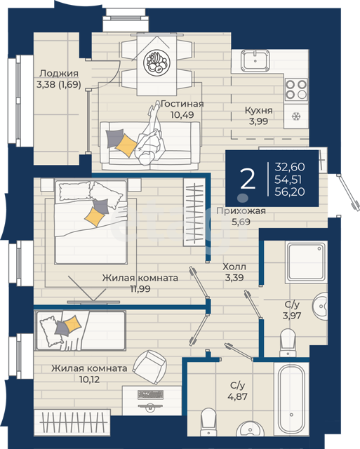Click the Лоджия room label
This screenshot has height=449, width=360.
tap(59, 73)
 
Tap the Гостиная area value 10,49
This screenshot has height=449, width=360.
tap(182, 115)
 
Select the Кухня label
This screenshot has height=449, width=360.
tap(259, 110)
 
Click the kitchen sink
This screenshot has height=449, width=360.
tap(255, 60)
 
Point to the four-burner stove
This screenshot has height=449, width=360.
tap(296, 89)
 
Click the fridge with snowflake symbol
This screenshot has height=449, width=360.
tap(296, 116)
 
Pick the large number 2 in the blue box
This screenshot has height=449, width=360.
tap(248, 179)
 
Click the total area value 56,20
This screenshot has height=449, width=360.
tap(290, 192)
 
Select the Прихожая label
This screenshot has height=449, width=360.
tap(241, 211)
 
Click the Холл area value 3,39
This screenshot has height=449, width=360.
tap(234, 278)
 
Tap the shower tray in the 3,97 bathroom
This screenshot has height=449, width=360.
tap(306, 262)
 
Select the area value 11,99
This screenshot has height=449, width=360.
tap(140, 289)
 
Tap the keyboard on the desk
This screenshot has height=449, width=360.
tap(151, 394)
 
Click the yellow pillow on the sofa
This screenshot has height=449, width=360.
tap(126, 145)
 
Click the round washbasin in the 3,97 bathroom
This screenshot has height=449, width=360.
tap(320, 306)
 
